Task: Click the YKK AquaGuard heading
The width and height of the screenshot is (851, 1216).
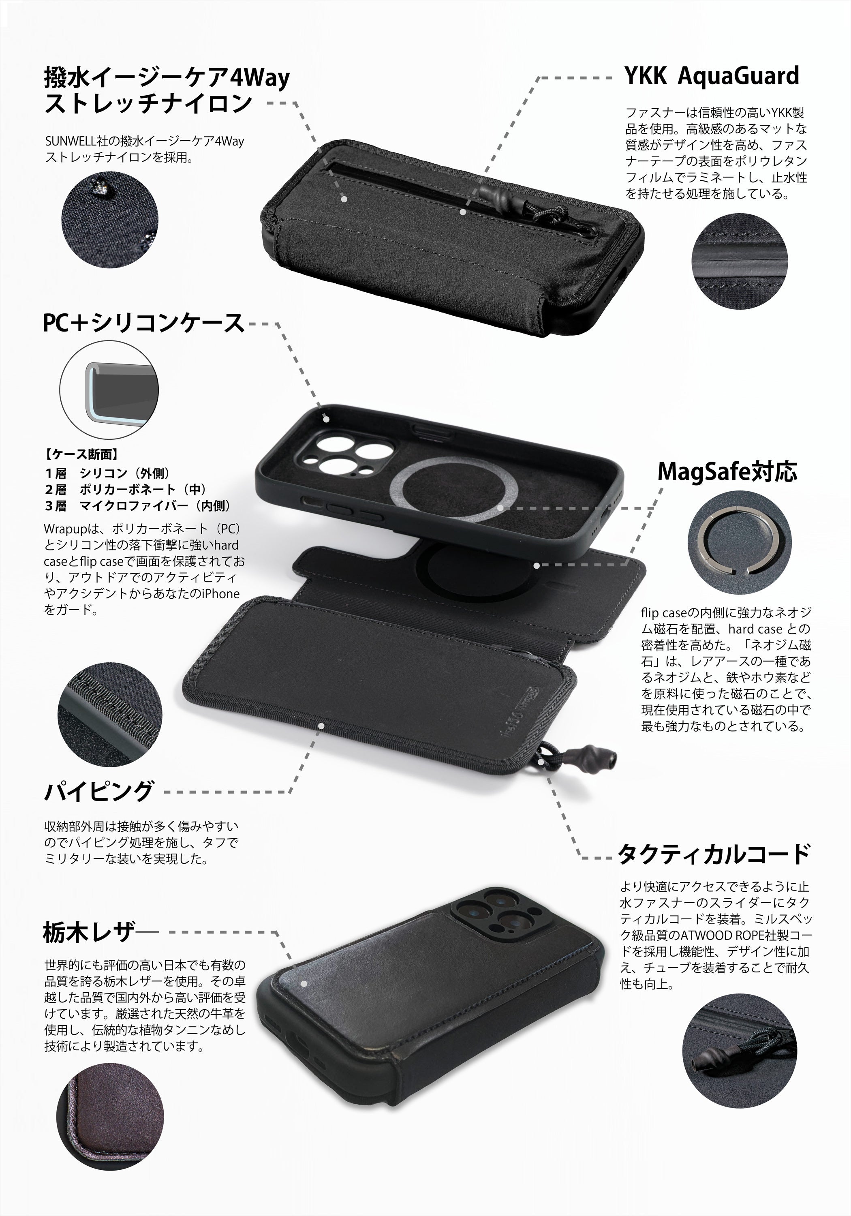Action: tap(712, 76)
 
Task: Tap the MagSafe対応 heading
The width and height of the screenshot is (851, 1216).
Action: tap(727, 471)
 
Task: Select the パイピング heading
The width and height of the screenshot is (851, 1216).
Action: tap(99, 792)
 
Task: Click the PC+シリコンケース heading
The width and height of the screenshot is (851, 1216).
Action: tap(143, 323)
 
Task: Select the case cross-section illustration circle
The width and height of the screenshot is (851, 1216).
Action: tap(109, 390)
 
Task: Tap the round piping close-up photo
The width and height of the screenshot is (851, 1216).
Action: tap(110, 713)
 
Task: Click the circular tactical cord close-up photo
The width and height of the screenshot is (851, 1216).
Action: tap(739, 1058)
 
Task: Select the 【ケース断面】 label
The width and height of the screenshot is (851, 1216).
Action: tap(81, 454)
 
